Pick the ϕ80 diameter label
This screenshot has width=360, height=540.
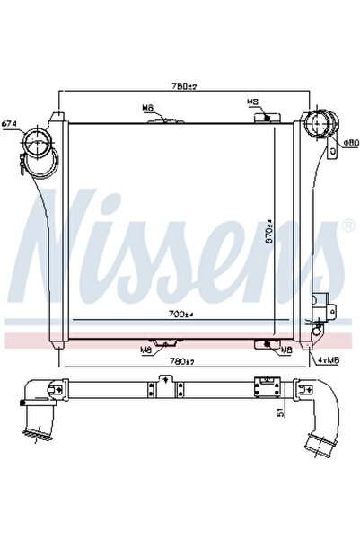pos(350,141)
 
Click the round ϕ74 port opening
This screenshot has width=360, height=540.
pos(38,142)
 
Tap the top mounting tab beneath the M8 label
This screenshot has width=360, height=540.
pos(263,116)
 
